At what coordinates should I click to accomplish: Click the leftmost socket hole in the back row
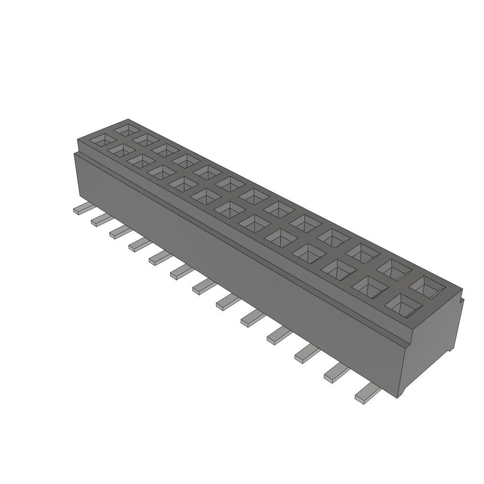127,129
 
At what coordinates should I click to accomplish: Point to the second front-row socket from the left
121,150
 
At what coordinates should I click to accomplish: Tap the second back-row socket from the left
146,139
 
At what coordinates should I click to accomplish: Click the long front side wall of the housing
236,265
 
